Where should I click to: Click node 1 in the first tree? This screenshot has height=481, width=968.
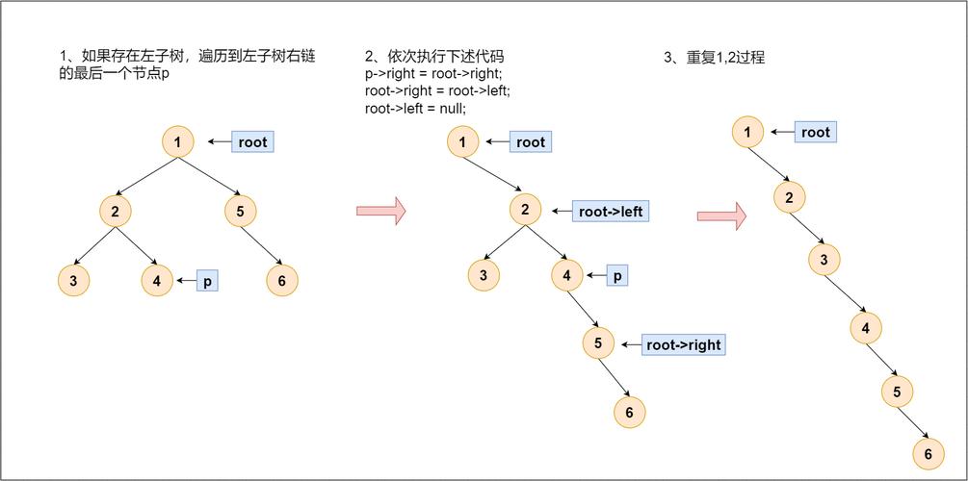tap(178, 143)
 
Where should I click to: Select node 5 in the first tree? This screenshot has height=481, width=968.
tap(241, 212)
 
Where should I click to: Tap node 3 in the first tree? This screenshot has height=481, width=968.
tap(73, 281)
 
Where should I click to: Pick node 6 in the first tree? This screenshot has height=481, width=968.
tap(282, 281)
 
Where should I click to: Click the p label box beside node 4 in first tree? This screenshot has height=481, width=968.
tap(207, 281)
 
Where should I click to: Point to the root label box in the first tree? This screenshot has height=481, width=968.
tap(252, 142)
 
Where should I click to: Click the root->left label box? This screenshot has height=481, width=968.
tap(611, 211)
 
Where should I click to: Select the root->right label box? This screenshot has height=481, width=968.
tap(683, 344)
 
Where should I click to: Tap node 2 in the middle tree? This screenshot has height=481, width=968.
tap(525, 210)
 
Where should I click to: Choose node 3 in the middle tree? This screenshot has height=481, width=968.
tap(484, 276)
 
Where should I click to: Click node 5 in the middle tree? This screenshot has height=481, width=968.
tap(598, 343)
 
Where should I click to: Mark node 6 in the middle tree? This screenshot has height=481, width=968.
tap(629, 412)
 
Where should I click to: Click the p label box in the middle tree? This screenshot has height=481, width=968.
tap(617, 276)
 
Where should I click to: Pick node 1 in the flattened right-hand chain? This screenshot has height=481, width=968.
tap(748, 132)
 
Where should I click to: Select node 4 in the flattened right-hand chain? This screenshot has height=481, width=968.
tap(866, 328)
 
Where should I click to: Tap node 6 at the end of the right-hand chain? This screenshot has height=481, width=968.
tap(929, 454)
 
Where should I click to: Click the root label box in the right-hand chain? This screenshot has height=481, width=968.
tap(815, 132)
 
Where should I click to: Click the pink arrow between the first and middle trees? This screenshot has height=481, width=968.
tap(380, 211)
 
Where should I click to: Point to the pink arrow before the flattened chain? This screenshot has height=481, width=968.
tap(721, 215)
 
